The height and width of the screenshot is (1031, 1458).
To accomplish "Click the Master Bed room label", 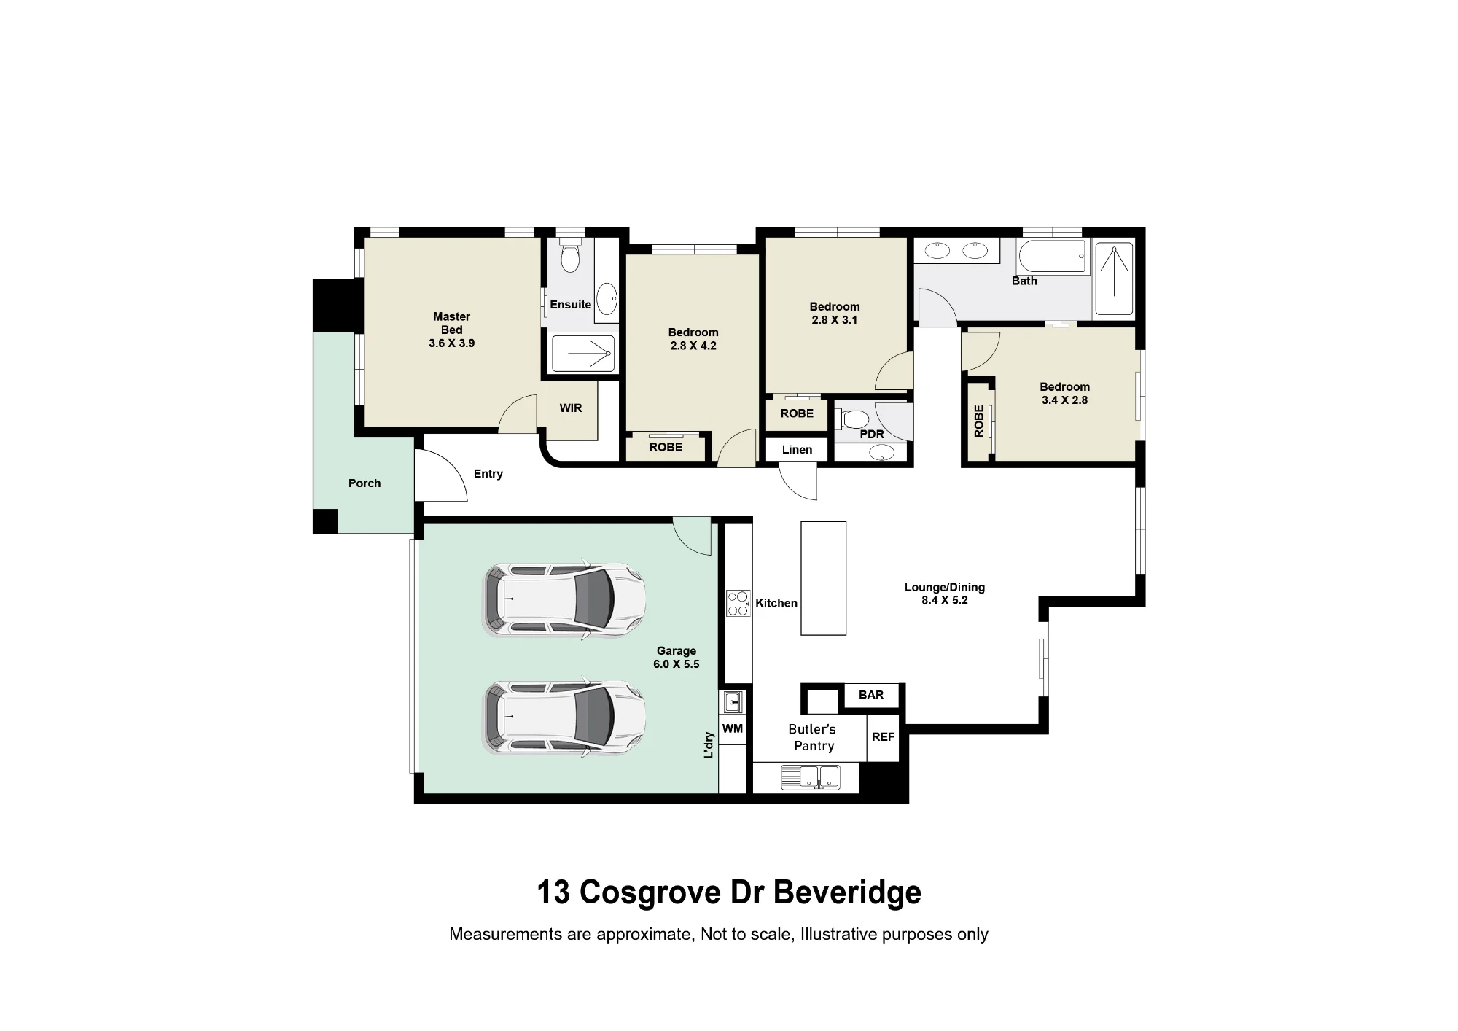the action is pyautogui.click(x=451, y=330).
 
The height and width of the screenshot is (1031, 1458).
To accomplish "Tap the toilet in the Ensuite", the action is pyautogui.click(x=570, y=253).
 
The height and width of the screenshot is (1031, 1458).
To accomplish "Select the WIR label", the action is pyautogui.click(x=571, y=408).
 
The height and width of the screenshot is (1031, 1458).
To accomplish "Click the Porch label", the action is pyautogui.click(x=364, y=483).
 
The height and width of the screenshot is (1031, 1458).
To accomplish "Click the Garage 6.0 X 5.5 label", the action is pyautogui.click(x=677, y=658).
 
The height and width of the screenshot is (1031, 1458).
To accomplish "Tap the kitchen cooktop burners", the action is pyautogui.click(x=738, y=603).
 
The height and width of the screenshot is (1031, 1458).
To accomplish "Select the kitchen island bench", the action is pyautogui.click(x=824, y=578).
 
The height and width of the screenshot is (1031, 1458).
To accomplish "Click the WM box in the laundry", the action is pyautogui.click(x=733, y=728).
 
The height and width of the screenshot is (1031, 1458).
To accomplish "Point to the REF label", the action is pyautogui.click(x=883, y=737).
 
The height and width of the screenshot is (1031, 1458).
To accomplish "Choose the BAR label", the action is pyautogui.click(x=871, y=695).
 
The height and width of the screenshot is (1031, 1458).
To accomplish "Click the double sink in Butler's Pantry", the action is pyautogui.click(x=811, y=777).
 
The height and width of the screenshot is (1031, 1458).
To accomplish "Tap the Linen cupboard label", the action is pyautogui.click(x=797, y=450).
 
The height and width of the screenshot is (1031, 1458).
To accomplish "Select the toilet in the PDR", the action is pyautogui.click(x=851, y=419).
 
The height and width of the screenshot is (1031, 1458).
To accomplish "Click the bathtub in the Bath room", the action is pyautogui.click(x=1052, y=255).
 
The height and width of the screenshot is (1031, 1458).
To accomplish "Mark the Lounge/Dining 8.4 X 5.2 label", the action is pyautogui.click(x=945, y=594).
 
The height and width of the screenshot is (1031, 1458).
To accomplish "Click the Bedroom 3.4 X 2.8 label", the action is pyautogui.click(x=1064, y=394).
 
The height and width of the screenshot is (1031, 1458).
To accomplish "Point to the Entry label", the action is pyautogui.click(x=488, y=474).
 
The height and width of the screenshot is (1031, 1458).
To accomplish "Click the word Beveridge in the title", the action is pyautogui.click(x=847, y=892).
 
